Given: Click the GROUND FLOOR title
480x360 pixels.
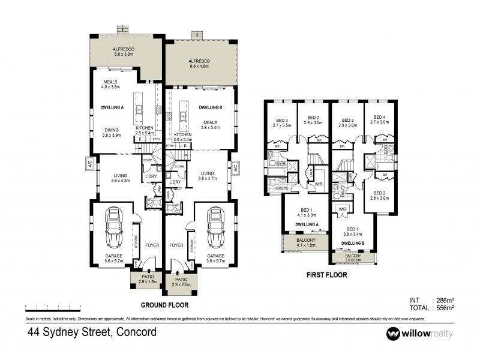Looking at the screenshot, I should click(x=161, y=304).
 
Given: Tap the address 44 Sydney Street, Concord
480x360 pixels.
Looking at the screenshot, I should click(x=92, y=332).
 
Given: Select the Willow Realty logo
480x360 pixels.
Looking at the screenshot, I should click(x=419, y=333).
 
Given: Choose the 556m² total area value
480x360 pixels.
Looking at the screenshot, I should click(x=444, y=307).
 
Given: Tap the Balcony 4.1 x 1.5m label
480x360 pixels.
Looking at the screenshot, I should click(x=307, y=243).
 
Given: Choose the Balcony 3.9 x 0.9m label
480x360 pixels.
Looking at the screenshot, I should click(x=354, y=258).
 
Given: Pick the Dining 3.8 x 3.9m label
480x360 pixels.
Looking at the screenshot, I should click(x=112, y=133).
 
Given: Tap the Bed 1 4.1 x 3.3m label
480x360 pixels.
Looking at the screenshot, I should click(x=307, y=212).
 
